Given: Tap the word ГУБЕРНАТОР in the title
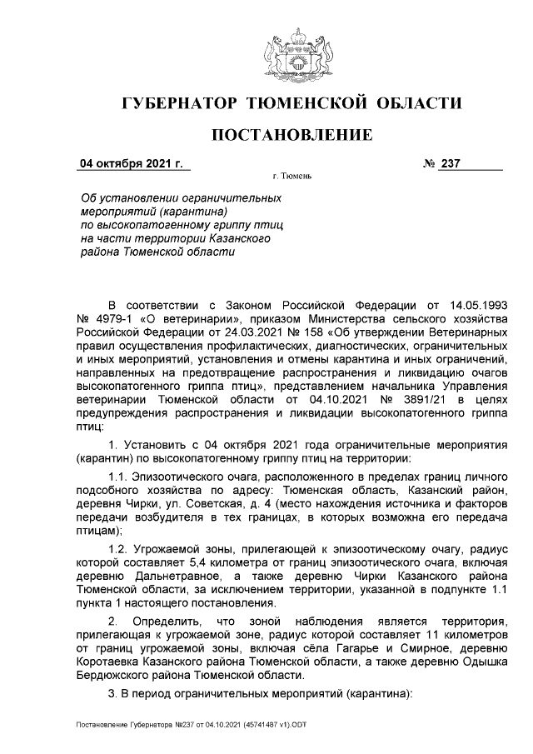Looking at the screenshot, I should (177, 103).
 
